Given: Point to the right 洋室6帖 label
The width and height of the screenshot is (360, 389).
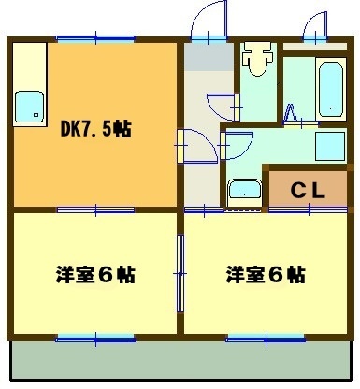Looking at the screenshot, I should coord(265,276).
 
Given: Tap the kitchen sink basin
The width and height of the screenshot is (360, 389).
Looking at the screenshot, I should coord(29,108).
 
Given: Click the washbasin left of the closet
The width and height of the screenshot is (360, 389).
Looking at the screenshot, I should coord(245,192).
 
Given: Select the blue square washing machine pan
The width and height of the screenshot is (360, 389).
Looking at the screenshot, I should coord(330,147).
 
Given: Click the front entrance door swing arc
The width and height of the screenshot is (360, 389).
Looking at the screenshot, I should coord(204,21).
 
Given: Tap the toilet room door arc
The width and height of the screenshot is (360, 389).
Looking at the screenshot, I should coord(223,107).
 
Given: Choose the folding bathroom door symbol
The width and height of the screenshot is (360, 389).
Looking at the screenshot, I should coord(291,115).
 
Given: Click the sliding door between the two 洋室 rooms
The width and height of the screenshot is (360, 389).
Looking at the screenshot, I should coord(180,273).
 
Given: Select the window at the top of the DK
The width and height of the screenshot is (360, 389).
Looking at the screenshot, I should coord(95,39).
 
